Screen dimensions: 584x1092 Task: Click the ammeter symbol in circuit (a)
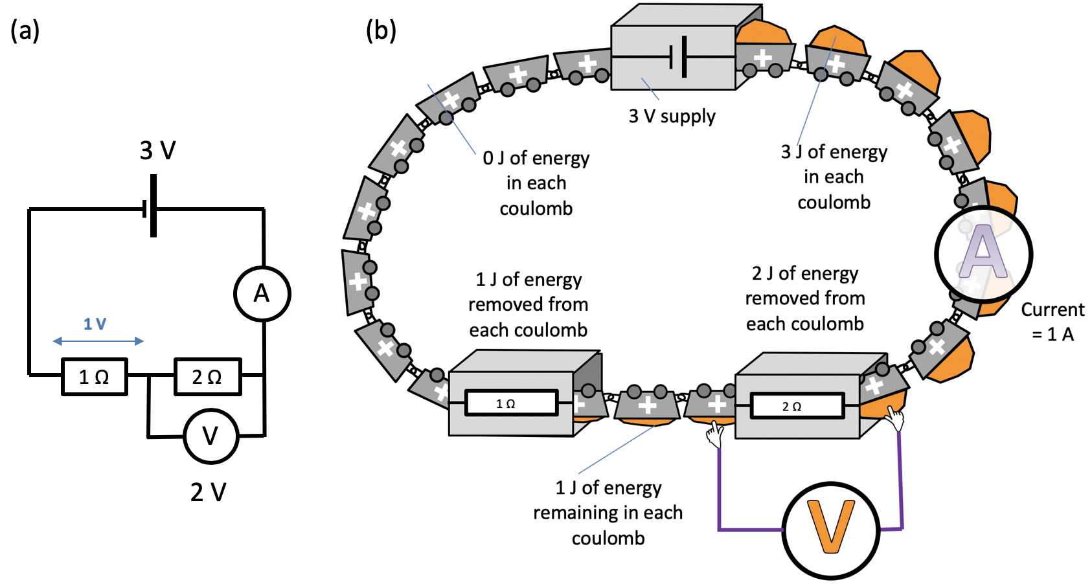point(262,294)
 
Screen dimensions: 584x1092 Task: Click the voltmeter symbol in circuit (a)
point(211,436)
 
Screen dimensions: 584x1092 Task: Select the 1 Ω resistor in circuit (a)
point(95,377)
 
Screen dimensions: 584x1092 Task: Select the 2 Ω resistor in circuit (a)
point(208,377)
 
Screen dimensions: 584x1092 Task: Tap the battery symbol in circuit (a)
point(151,208)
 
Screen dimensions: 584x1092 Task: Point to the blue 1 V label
point(95,324)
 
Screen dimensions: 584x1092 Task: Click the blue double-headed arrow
point(98,341)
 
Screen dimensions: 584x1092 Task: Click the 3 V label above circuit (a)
point(157,151)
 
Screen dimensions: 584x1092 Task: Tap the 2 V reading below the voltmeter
point(209,493)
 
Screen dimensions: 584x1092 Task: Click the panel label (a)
point(25,30)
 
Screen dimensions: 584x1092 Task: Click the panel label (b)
point(381,30)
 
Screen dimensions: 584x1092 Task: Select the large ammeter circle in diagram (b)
point(983,254)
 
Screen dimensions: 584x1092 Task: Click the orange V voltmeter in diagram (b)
point(831,530)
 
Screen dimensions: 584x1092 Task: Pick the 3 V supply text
point(672,117)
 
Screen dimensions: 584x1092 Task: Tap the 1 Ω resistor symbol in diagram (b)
point(510,403)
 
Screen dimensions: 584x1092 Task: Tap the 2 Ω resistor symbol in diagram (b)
point(797,406)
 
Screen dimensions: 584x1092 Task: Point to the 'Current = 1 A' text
point(1052,322)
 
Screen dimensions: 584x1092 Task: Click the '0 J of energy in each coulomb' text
point(536,183)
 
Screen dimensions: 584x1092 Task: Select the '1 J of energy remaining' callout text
point(608,513)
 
